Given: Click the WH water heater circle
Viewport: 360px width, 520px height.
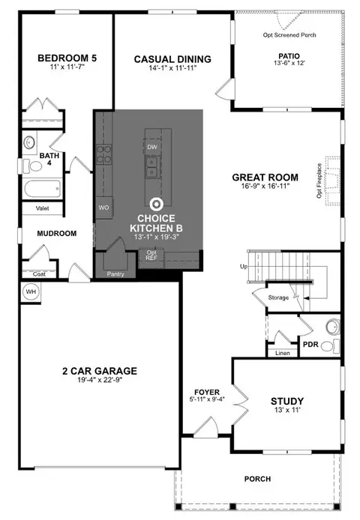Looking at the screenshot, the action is pos(31,291).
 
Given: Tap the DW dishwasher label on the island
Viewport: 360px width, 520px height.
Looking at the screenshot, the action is pos(152,147).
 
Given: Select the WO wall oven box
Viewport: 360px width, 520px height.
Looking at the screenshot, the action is pos(104,208).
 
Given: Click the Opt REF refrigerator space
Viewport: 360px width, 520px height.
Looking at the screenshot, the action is pos(151,258).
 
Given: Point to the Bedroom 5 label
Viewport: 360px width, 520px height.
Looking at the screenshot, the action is pos(67,58).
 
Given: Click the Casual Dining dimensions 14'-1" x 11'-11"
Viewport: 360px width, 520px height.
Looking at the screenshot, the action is pos(172,68).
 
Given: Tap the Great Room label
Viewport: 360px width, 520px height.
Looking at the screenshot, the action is pos(265,178).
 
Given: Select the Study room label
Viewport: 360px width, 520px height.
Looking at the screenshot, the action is pos(287,402).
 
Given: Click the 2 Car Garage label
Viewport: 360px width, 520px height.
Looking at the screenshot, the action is pos(100,371).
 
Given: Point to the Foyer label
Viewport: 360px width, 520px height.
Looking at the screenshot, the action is pos(207,393).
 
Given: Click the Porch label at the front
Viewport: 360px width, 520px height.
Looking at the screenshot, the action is pos(257,479).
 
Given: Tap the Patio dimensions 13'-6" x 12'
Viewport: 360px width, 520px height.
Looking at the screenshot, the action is pos(289,63).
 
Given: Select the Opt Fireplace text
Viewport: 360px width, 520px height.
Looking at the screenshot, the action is pos(319,181).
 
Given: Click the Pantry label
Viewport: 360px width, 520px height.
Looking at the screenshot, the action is pos(115,274).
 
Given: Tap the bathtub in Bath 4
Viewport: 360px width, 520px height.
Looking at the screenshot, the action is pos(43,188).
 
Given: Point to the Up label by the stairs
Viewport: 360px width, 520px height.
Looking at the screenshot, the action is pos(244,267).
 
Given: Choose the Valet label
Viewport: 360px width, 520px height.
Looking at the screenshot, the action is pos(42,208).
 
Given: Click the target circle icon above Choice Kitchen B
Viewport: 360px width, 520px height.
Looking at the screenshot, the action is pos(157,205).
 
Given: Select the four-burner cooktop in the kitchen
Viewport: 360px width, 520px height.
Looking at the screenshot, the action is pos(104,155).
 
